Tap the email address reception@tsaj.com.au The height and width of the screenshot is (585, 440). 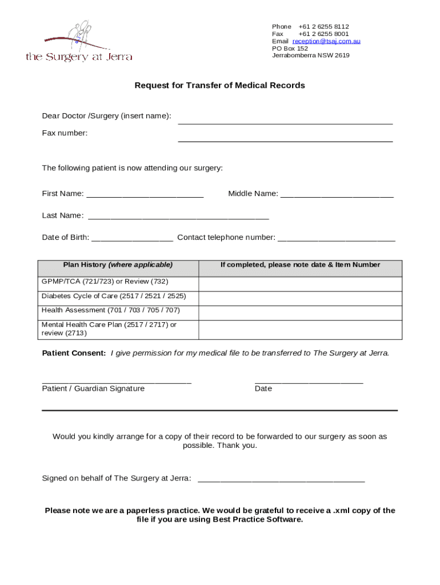click(x=326, y=41)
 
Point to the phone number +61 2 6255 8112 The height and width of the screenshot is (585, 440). click(x=323, y=26)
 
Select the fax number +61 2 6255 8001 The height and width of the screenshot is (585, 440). click(x=323, y=34)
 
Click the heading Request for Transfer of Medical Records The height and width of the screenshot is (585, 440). click(x=219, y=85)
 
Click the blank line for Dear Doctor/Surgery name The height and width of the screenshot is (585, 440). click(x=285, y=122)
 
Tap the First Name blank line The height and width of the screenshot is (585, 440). click(x=145, y=196)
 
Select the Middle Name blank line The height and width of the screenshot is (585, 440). click(x=337, y=196)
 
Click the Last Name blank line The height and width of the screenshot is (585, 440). click(x=178, y=218)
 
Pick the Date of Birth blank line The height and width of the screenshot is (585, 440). click(x=132, y=240)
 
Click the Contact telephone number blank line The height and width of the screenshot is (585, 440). click(x=336, y=240)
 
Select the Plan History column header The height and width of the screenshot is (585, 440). click(x=118, y=265)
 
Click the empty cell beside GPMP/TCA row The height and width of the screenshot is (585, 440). click(x=300, y=284)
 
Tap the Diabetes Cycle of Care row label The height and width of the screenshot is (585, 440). click(x=114, y=296)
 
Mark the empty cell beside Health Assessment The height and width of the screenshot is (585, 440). click(x=300, y=312)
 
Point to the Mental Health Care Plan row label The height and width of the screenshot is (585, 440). click(x=109, y=328)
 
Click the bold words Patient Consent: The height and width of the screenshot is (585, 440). click(x=74, y=353)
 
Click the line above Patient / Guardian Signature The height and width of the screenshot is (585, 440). click(x=117, y=382)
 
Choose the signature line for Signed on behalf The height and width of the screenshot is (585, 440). click(x=281, y=481)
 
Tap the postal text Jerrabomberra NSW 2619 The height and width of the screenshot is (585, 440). click(x=310, y=55)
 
